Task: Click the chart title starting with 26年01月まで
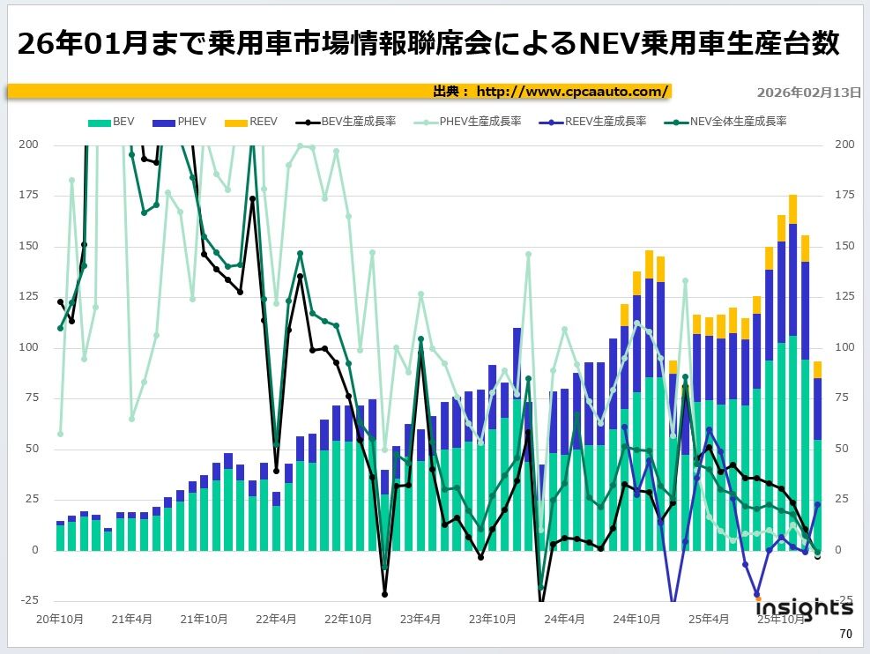428,43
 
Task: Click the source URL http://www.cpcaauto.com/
573,92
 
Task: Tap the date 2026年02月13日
808,92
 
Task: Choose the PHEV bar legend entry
183,122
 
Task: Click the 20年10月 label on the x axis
59,619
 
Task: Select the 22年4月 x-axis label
278,619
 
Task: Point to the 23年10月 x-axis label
492,619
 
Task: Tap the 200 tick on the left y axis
29,145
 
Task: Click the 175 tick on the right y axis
843,196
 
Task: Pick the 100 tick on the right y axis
843,348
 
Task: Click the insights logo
804,608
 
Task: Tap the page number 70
845,635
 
